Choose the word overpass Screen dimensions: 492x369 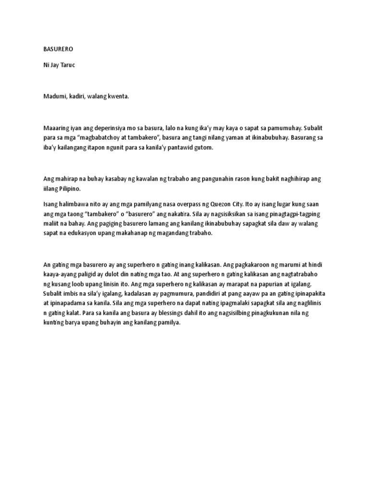tap(184, 204)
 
